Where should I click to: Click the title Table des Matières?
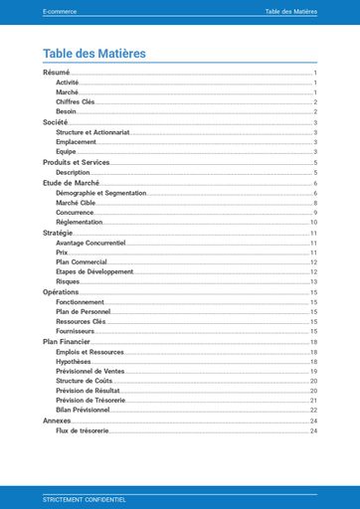pos(94,53)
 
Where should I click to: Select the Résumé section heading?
pos(57,73)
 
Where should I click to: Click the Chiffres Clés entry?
pos(76,101)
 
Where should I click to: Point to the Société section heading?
pos(56,121)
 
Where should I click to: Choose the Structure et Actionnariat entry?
pos(91,131)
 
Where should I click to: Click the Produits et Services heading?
pos(76,162)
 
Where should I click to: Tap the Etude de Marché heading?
pos(72,182)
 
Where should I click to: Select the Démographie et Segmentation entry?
pos(100,193)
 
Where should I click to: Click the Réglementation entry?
pos(80,223)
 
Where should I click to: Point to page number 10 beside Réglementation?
pos(313,223)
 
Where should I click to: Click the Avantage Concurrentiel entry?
pos(90,243)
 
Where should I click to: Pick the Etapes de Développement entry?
pos(94,271)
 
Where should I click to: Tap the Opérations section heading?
pos(61,292)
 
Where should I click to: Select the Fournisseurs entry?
pos(77,331)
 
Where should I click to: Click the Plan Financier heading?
pos(68,341)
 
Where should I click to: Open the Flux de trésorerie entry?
pos(82,430)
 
